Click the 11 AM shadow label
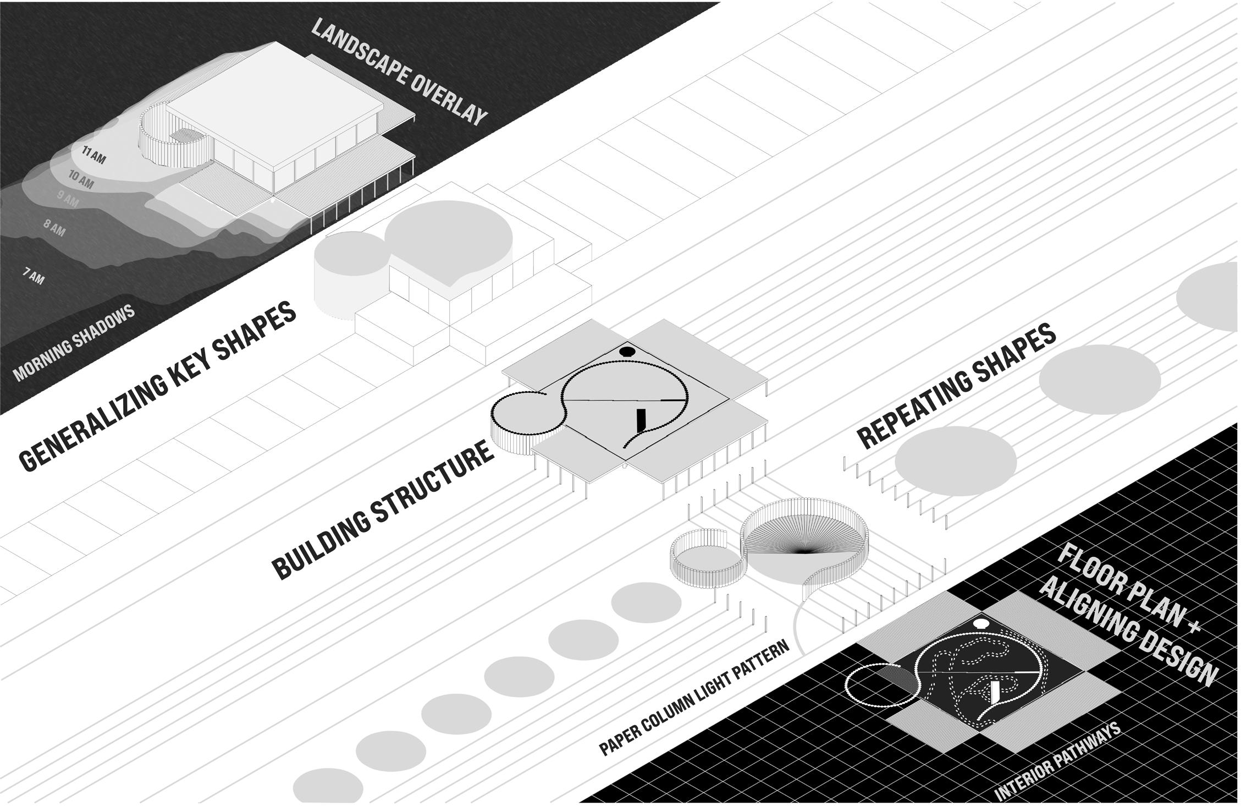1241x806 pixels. (94, 155)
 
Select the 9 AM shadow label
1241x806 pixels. (68, 199)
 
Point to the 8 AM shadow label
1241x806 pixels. (54, 227)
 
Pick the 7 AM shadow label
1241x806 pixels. (34, 276)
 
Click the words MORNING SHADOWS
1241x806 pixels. (74, 343)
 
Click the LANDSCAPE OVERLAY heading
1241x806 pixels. (399, 72)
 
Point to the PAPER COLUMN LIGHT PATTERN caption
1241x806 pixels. (694, 698)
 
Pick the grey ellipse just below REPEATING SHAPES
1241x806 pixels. (956, 461)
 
